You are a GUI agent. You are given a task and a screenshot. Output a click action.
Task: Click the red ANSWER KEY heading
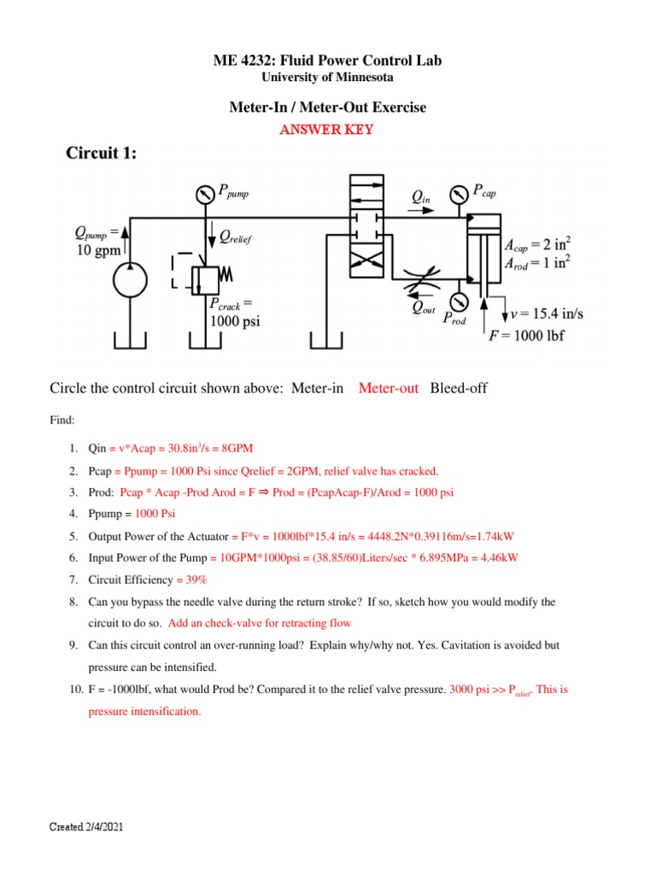pyautogui.click(x=327, y=130)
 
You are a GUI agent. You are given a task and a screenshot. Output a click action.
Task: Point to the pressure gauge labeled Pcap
pyautogui.click(x=459, y=194)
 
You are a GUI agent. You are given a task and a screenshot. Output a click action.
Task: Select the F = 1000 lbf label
pyautogui.click(x=525, y=335)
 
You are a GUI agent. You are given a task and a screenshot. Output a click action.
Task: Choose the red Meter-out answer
pyautogui.click(x=389, y=388)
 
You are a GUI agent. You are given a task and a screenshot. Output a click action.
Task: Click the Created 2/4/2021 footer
pyautogui.click(x=90, y=828)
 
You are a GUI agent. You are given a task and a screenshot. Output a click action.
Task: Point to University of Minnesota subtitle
pyautogui.click(x=327, y=78)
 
